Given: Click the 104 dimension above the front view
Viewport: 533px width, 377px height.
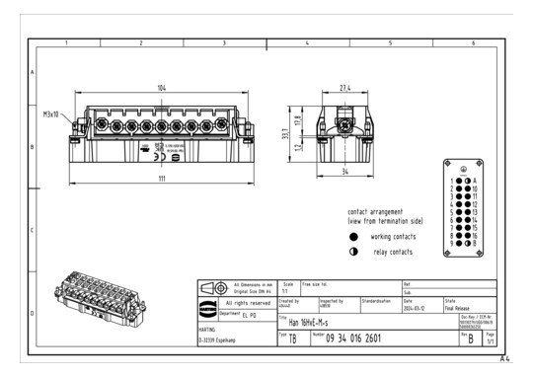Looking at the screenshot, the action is point(161,88).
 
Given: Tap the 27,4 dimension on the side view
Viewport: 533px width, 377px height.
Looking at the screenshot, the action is point(344,89).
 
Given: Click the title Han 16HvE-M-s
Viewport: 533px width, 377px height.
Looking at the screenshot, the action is point(317,322).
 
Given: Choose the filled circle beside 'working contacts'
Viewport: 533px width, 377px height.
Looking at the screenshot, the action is point(353,237).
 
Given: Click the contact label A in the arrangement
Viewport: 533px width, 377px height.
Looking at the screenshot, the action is point(474,181).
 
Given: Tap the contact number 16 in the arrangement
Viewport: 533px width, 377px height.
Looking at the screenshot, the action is point(475,235).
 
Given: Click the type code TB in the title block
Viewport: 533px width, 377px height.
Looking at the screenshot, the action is point(292,339).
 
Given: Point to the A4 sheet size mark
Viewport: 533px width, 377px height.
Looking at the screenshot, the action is point(505,358).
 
